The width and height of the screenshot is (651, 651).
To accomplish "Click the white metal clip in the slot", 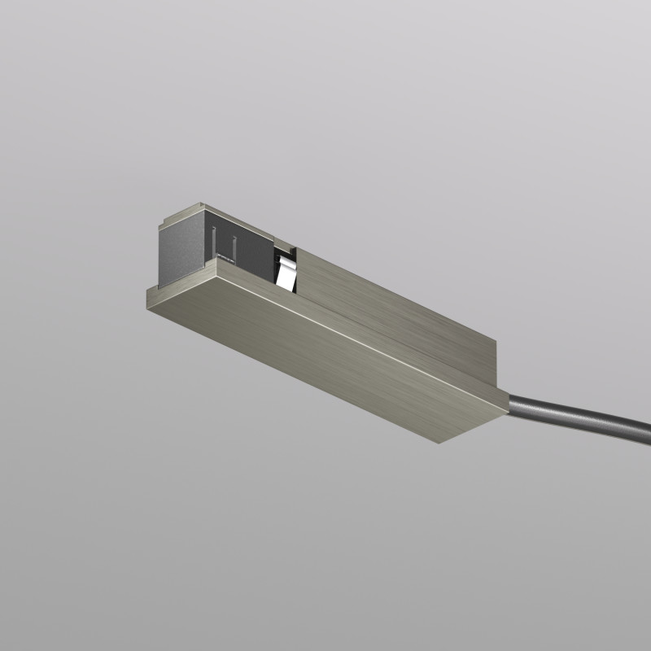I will click(286, 272).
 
